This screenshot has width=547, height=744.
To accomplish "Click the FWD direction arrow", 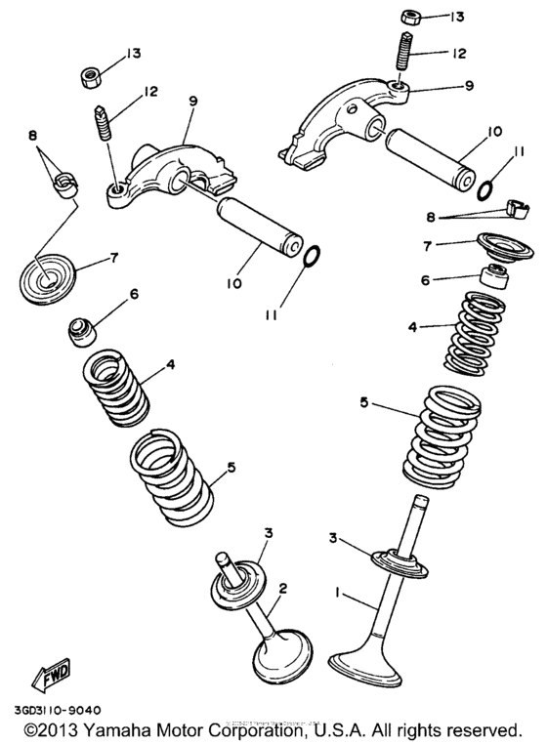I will point(49,674).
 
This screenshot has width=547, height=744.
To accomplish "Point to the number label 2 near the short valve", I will point(282,589).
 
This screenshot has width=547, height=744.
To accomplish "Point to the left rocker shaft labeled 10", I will point(259,225).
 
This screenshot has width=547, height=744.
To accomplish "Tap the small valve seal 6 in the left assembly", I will point(80,331).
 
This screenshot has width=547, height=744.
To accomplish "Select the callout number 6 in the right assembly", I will point(425,278).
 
